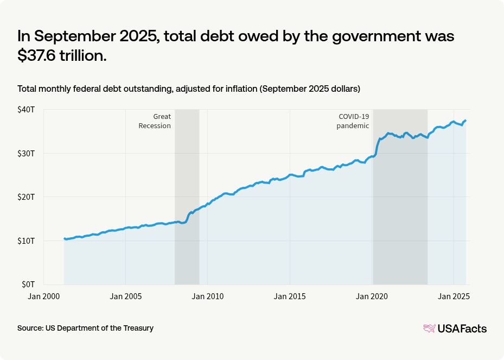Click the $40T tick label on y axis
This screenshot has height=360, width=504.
(26, 110)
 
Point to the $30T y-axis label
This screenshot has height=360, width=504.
(26, 153)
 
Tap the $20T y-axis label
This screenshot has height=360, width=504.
(26, 197)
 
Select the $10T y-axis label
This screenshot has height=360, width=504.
(26, 241)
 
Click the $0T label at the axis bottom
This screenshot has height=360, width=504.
(28, 284)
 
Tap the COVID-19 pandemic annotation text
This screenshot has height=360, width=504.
(353, 121)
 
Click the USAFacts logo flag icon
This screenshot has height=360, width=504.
(429, 329)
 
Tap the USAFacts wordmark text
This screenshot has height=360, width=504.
(462, 329)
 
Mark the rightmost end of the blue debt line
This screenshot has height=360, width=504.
(466, 121)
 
